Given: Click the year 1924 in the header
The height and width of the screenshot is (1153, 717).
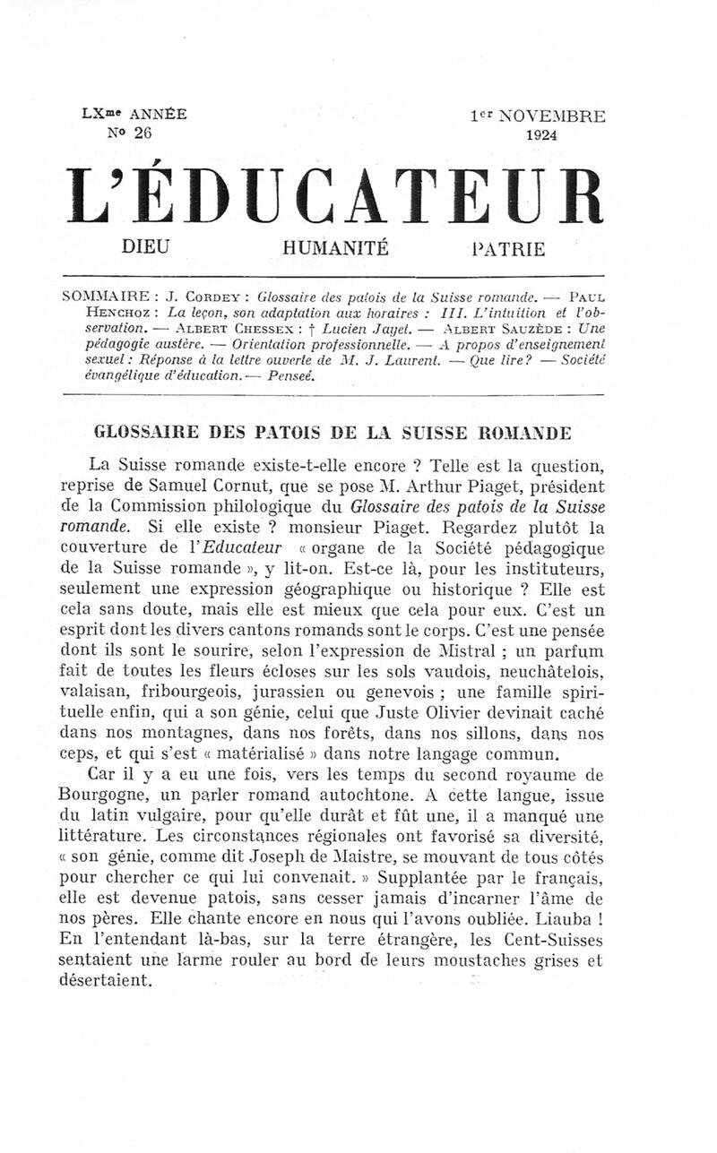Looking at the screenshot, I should coord(542,135).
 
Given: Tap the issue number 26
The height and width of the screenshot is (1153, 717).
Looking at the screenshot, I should coord(142,133).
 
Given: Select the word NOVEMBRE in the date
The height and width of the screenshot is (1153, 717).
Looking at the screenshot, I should coord(552,116).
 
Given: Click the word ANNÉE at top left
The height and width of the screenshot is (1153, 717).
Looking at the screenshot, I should coord(159,114).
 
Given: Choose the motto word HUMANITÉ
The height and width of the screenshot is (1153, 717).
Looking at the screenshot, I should coord(335,248).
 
